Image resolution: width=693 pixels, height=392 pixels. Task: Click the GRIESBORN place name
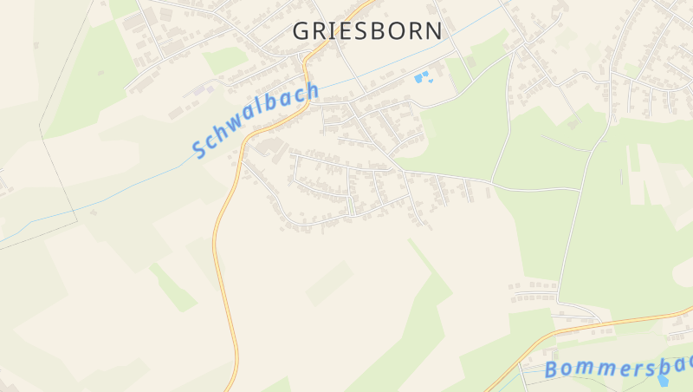(367, 30)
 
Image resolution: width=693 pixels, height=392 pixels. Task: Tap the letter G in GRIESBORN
(301, 30)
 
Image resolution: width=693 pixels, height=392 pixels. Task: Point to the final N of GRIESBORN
(433, 30)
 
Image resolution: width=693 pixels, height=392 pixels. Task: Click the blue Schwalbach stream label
(256, 120)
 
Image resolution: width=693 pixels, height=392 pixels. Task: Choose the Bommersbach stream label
(617, 363)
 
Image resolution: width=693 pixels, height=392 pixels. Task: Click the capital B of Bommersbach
(552, 370)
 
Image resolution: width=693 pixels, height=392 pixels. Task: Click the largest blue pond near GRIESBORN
(421, 78)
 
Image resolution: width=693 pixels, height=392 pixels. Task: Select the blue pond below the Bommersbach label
(664, 379)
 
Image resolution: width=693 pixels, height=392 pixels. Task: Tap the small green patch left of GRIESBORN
(226, 59)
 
